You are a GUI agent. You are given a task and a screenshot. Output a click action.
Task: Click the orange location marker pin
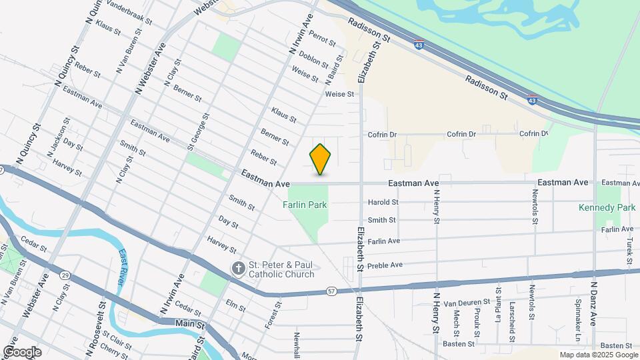(x=320, y=159)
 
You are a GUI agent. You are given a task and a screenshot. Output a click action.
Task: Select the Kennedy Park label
(x=607, y=208)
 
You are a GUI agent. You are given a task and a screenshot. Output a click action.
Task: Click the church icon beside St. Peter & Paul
(x=238, y=268)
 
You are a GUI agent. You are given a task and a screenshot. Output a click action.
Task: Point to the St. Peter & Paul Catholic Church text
(x=281, y=269)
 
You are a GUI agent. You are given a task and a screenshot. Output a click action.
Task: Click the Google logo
(x=22, y=352)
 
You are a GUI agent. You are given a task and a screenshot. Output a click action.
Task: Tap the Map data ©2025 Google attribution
(x=599, y=355)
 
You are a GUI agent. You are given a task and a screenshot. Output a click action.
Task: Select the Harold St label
(x=383, y=202)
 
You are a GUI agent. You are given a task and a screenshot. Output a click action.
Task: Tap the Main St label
(x=189, y=324)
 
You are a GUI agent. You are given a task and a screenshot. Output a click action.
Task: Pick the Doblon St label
(x=314, y=59)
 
